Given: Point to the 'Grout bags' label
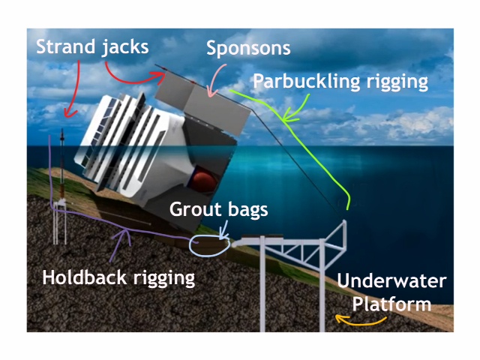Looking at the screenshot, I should (217, 208).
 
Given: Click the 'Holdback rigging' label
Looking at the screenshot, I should (118, 277).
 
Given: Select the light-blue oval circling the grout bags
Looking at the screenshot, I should (208, 244).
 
